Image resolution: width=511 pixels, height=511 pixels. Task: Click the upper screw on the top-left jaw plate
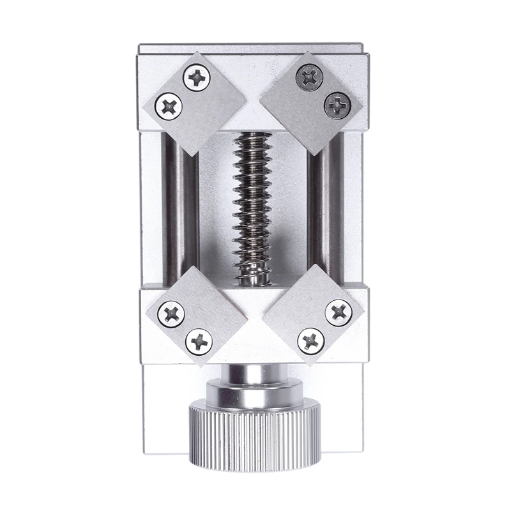(197, 79)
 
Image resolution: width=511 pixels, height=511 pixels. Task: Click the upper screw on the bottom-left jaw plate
(173, 313)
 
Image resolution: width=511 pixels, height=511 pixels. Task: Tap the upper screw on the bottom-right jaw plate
(338, 312)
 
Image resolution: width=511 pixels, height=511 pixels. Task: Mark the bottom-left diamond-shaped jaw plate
(195, 316)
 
